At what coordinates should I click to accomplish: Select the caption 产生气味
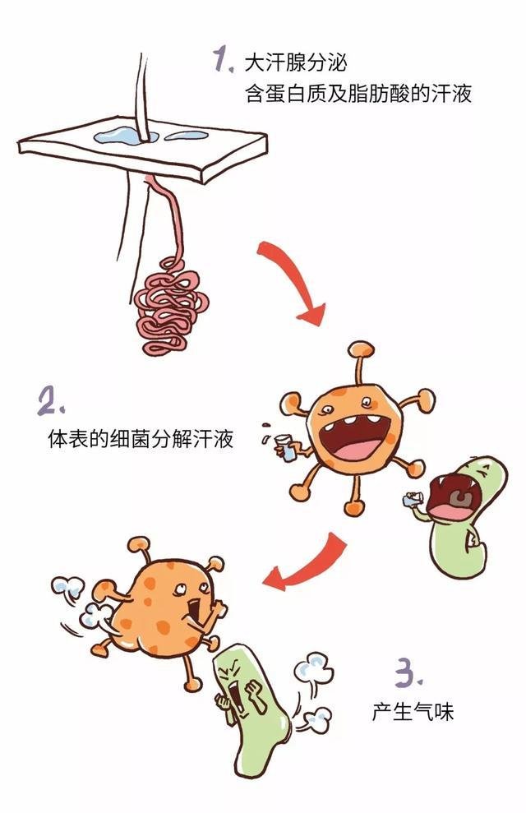pos(412,711)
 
